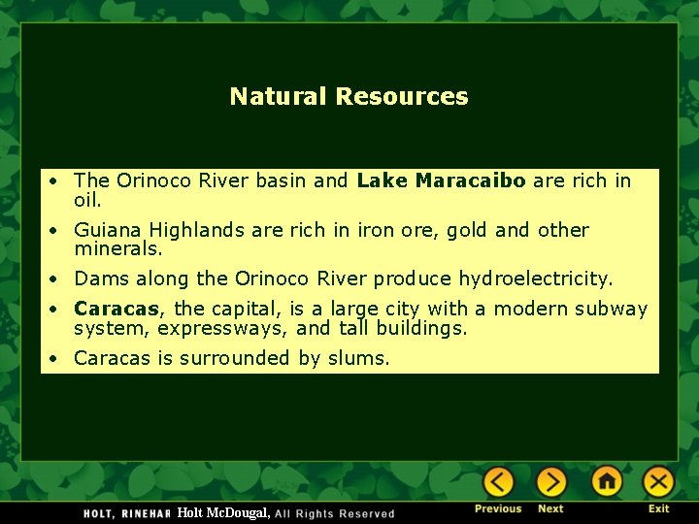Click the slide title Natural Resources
pyautogui.click(x=349, y=97)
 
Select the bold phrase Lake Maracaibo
pyautogui.click(x=442, y=180)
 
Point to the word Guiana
pyautogui.click(x=107, y=230)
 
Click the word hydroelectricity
pyautogui.click(x=535, y=279)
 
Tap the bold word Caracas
pyautogui.click(x=116, y=310)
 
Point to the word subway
pyautogui.click(x=610, y=310)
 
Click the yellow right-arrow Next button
pyautogui.click(x=551, y=482)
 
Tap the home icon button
pyautogui.click(x=607, y=482)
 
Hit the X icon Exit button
pyautogui.click(x=658, y=482)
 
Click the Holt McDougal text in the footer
pyautogui.click(x=223, y=512)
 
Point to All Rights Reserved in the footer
pyautogui.click(x=335, y=513)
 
